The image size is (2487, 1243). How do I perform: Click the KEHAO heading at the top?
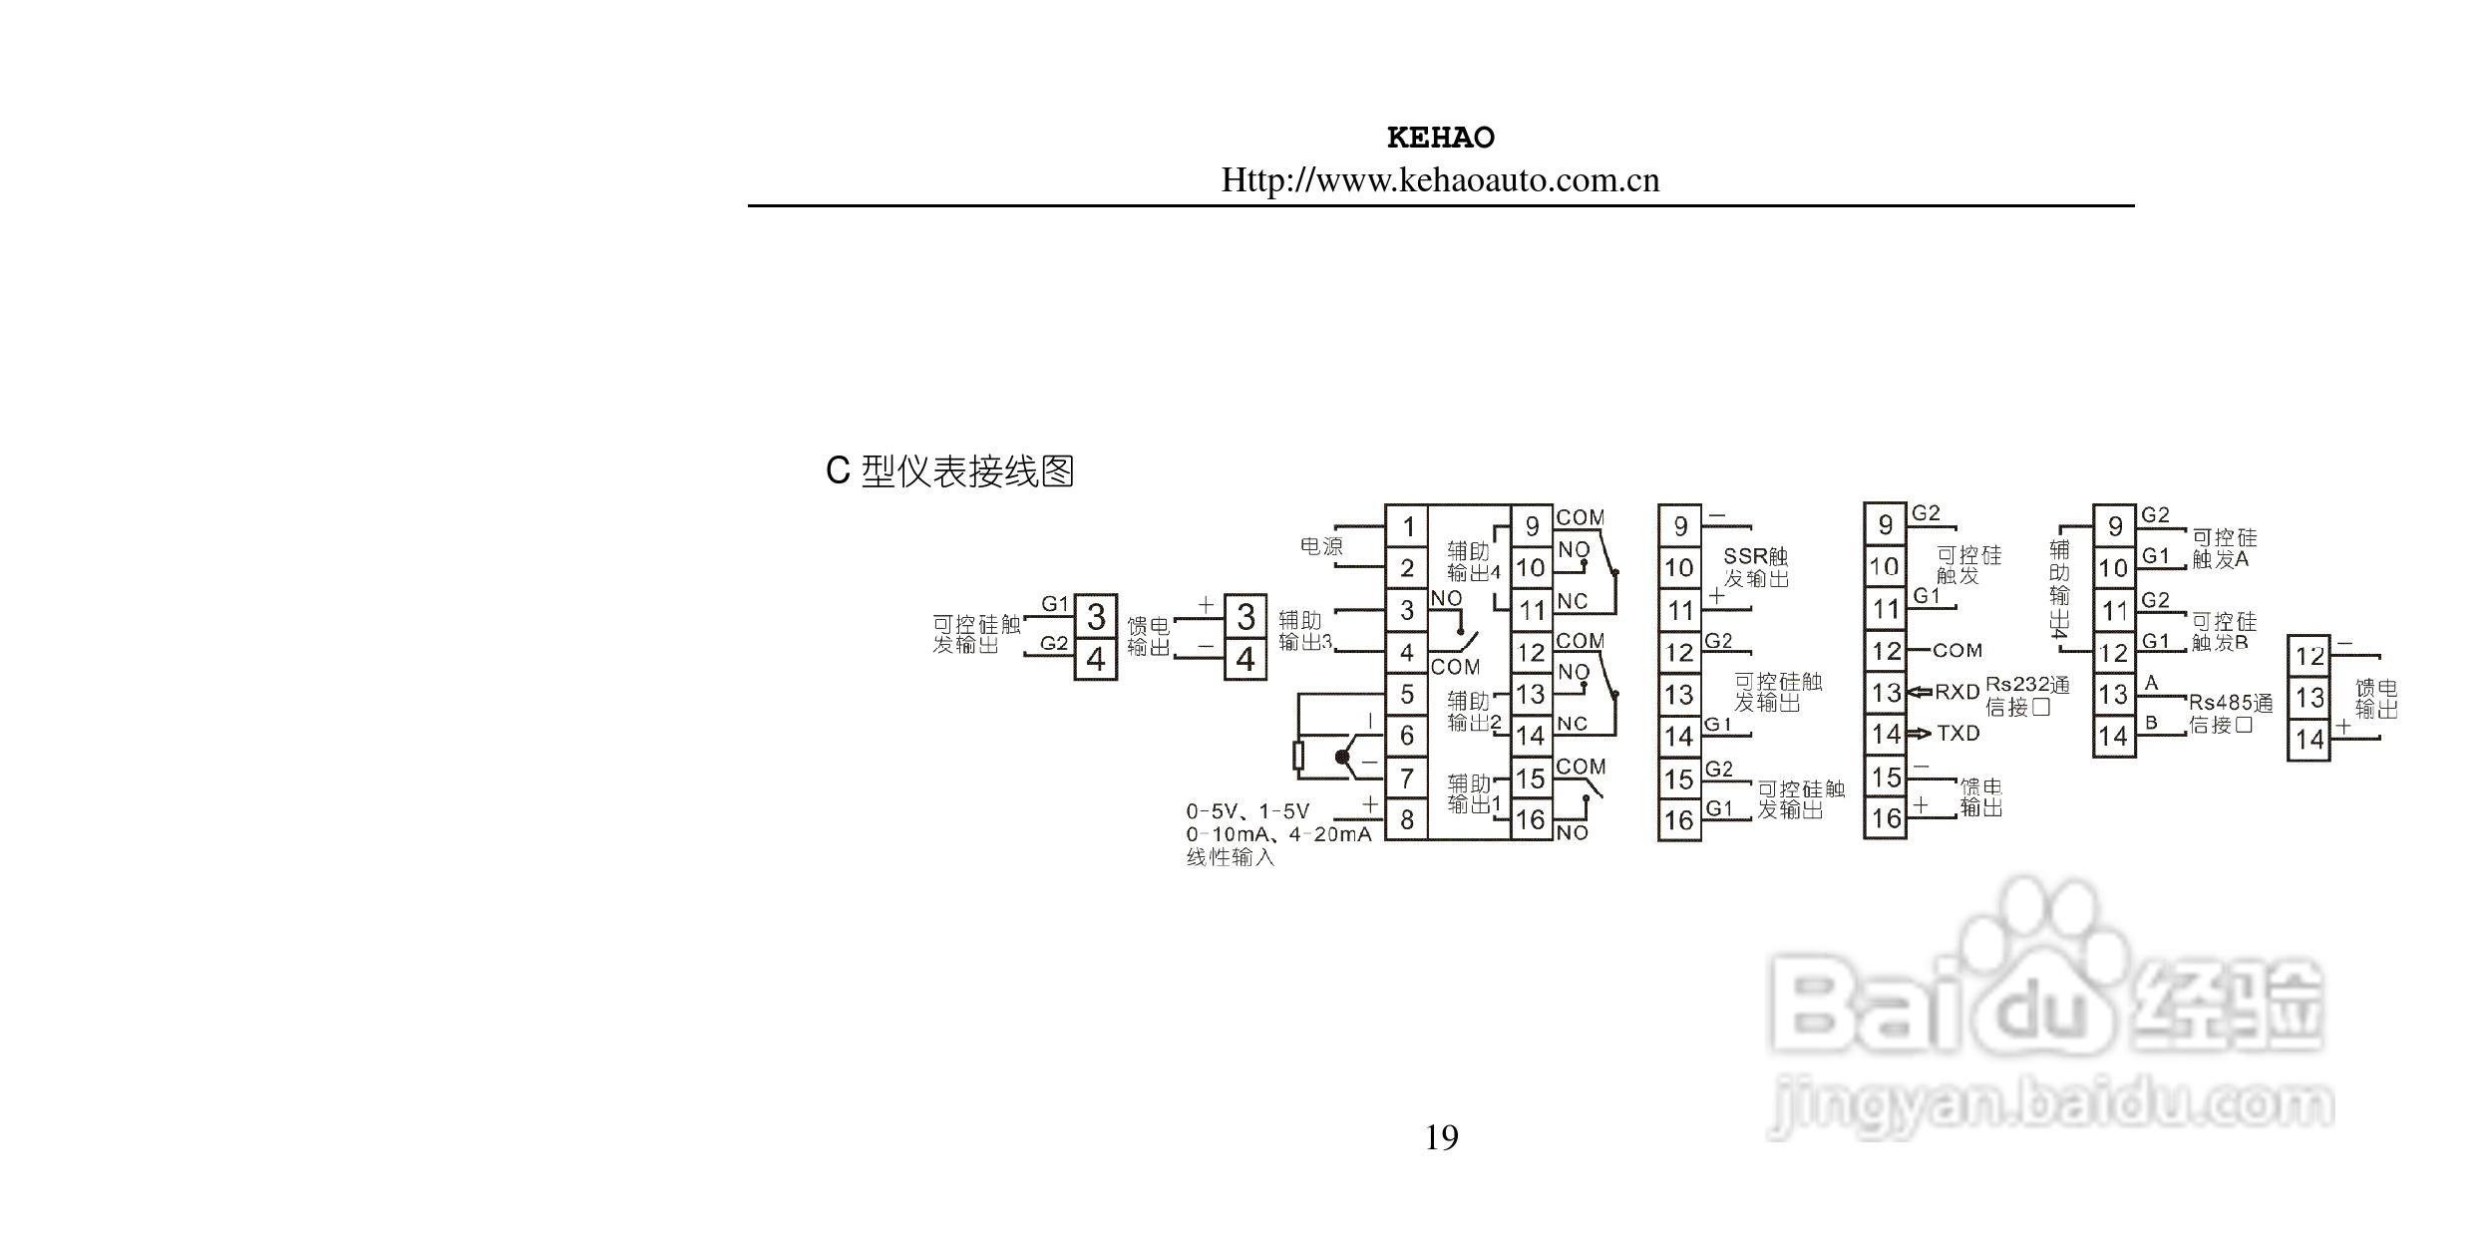pos(1440,138)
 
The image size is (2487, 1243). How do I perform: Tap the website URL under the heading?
pos(1440,180)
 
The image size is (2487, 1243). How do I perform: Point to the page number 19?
pos(1441,1137)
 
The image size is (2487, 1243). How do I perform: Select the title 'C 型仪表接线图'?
pos(949,471)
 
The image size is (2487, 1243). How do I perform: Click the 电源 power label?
pos(1321,546)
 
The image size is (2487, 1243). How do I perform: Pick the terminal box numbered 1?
pos(1407,525)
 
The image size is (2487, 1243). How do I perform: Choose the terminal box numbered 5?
pos(1407,694)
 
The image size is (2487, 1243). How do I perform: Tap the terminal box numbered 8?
pos(1407,819)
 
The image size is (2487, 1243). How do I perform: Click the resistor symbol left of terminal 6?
pos(1298,757)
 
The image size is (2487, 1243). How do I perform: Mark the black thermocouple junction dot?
pos(1342,758)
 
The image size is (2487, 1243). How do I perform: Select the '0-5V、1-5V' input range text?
pos(1247,811)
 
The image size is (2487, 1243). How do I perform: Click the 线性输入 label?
pos(1230,857)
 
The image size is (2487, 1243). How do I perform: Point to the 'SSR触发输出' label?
pos(1756,567)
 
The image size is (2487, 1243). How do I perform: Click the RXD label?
pos(1956,692)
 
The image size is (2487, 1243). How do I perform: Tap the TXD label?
pos(1957,734)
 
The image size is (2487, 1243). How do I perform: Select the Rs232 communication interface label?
pos(2026,696)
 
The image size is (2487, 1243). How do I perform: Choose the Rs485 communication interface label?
pos(2230,714)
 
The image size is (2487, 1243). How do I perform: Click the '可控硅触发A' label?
pos(2223,548)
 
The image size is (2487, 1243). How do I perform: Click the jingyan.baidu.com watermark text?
pos(2049,1106)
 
